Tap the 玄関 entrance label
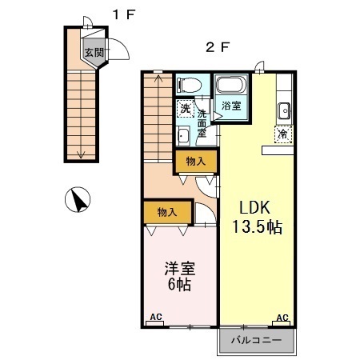click(94, 53)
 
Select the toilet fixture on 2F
click(190, 83)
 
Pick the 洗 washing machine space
click(185, 108)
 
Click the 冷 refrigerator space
click(282, 134)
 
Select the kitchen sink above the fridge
click(284, 110)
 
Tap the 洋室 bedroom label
click(180, 267)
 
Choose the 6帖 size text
click(179, 285)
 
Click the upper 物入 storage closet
click(194, 162)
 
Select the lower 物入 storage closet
click(167, 212)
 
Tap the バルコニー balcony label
click(256, 340)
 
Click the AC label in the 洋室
click(156, 318)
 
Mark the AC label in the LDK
click(282, 318)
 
